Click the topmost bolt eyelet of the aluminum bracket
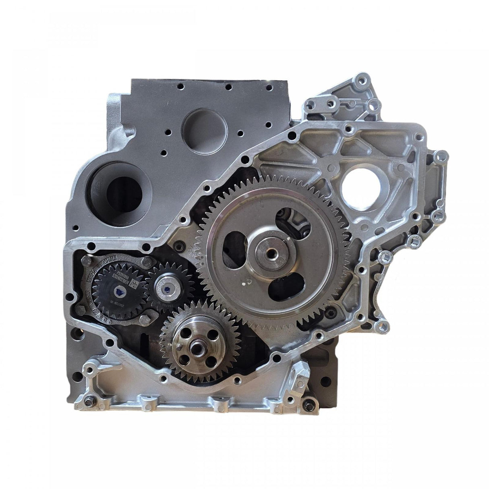pos(353,76)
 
